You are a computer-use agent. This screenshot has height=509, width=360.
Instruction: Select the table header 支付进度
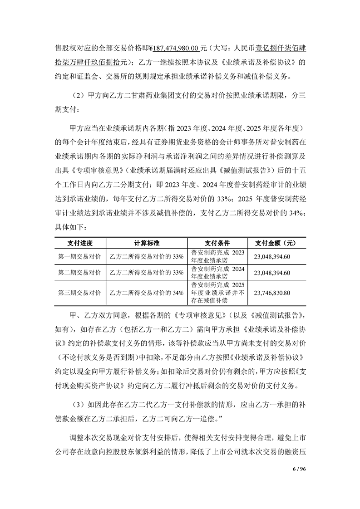(x=80, y=242)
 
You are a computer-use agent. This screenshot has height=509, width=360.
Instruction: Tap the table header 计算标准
(x=146, y=242)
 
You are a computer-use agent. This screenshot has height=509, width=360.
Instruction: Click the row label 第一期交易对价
(x=80, y=256)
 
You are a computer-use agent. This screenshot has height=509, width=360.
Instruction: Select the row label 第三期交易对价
(x=80, y=293)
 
